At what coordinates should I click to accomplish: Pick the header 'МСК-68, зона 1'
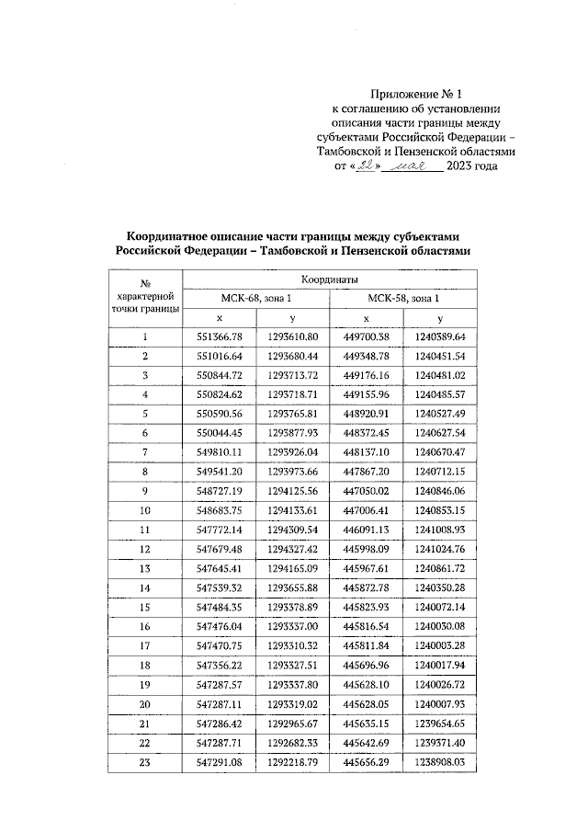pos(254,298)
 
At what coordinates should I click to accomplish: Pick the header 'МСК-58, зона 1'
pos(402,298)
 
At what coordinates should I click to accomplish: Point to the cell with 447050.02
pos(366,490)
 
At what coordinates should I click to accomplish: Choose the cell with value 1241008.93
pos(440,530)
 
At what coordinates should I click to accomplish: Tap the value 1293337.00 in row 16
pos(292,625)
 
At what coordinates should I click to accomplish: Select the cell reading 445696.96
pos(366,664)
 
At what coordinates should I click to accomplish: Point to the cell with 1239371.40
pos(440,741)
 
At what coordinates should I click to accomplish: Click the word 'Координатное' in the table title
pos(166,234)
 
